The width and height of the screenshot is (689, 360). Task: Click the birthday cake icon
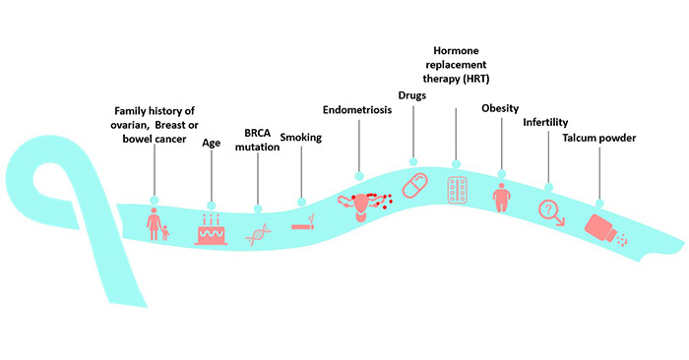(211, 229)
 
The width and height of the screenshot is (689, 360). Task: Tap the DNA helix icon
(258, 234)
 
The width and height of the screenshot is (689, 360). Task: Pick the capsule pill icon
(414, 185)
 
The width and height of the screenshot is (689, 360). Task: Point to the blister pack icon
(458, 190)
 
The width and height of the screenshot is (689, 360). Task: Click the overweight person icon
(501, 198)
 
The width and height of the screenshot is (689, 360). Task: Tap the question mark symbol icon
(551, 212)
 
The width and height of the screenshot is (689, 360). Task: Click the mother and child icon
(157, 224)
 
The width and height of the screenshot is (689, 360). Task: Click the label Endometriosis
(357, 110)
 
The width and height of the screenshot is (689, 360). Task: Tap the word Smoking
(301, 138)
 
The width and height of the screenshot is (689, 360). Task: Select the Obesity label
(500, 108)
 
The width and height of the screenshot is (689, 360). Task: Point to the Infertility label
(545, 123)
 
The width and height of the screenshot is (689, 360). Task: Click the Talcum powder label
(599, 138)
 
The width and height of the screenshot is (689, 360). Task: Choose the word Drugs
(412, 95)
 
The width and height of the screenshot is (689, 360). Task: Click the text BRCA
(258, 133)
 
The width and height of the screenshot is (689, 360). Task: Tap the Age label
(212, 144)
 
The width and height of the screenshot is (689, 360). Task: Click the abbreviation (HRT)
(475, 79)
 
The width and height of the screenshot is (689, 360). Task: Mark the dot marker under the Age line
(212, 206)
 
